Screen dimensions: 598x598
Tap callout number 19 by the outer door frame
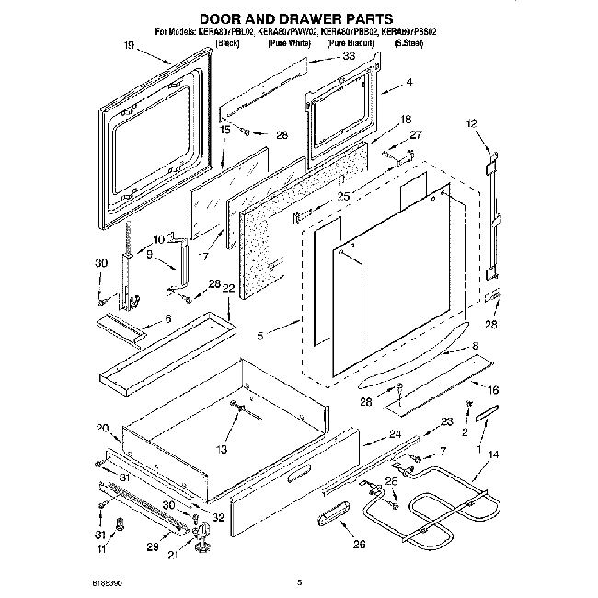point(129,46)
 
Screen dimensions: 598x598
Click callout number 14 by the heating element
point(492,454)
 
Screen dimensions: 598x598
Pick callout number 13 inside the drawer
point(220,449)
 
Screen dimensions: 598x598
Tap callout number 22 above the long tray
point(229,289)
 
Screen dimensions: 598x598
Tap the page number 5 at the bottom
point(299,581)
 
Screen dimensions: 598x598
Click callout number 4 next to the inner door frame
point(408,82)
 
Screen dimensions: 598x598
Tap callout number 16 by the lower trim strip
point(493,390)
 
